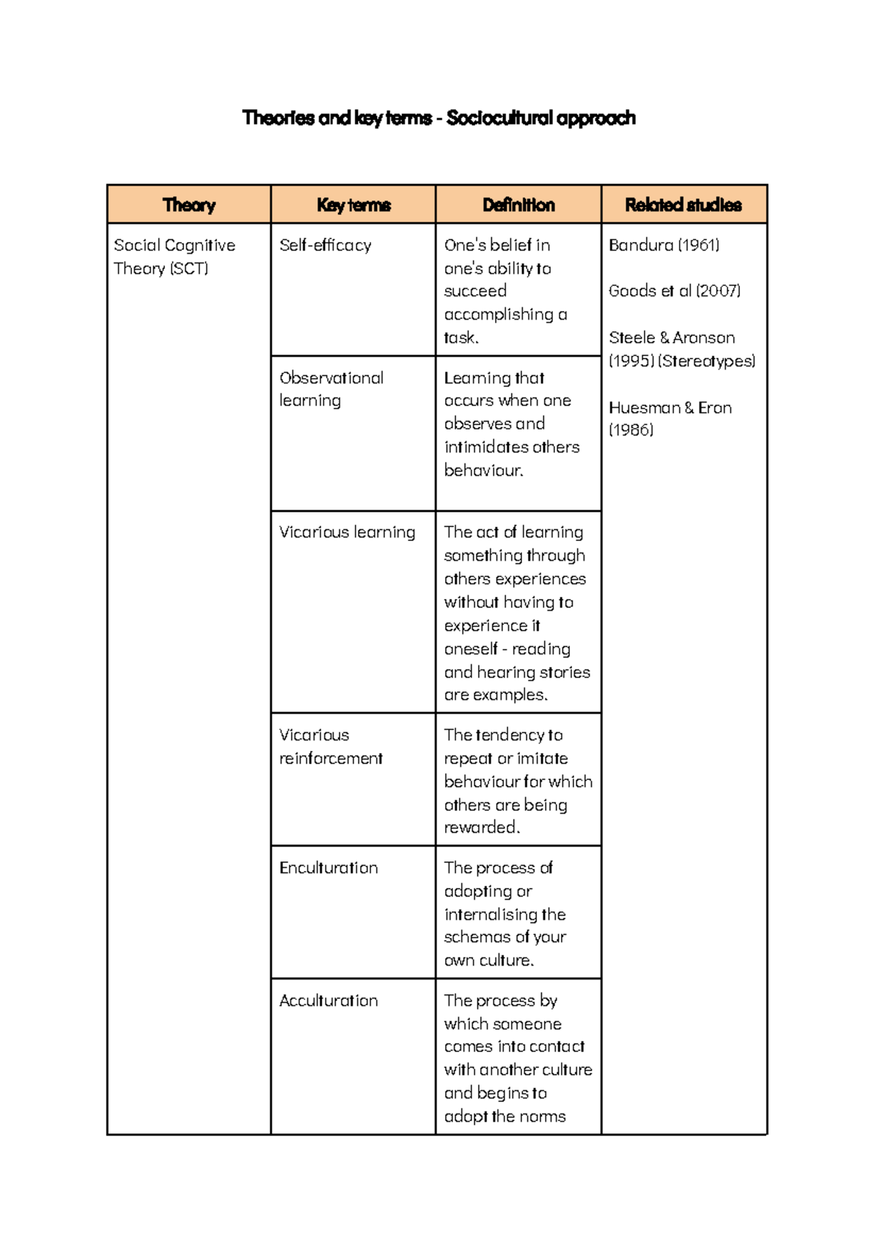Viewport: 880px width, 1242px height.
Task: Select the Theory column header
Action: tap(188, 205)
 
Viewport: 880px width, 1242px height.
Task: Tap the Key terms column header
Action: tap(353, 205)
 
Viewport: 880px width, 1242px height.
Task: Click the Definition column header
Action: tap(518, 205)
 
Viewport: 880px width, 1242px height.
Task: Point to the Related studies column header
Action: tap(683, 205)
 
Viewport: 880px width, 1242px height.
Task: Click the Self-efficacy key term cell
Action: tap(325, 246)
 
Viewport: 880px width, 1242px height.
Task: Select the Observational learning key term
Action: tap(331, 389)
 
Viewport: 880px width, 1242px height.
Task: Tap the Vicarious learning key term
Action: tap(347, 532)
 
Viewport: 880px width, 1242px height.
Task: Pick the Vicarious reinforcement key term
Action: tap(331, 746)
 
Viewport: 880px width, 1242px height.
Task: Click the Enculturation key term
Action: tap(329, 868)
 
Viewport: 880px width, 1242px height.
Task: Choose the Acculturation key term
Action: tap(329, 1001)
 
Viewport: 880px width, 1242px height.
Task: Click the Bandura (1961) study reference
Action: tap(664, 246)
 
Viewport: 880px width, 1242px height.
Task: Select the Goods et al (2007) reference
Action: tap(674, 291)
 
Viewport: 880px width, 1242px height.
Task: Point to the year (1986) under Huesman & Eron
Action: tap(631, 430)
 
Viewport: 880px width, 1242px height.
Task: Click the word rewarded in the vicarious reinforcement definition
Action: tap(480, 828)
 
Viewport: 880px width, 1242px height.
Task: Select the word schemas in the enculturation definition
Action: tap(476, 937)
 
